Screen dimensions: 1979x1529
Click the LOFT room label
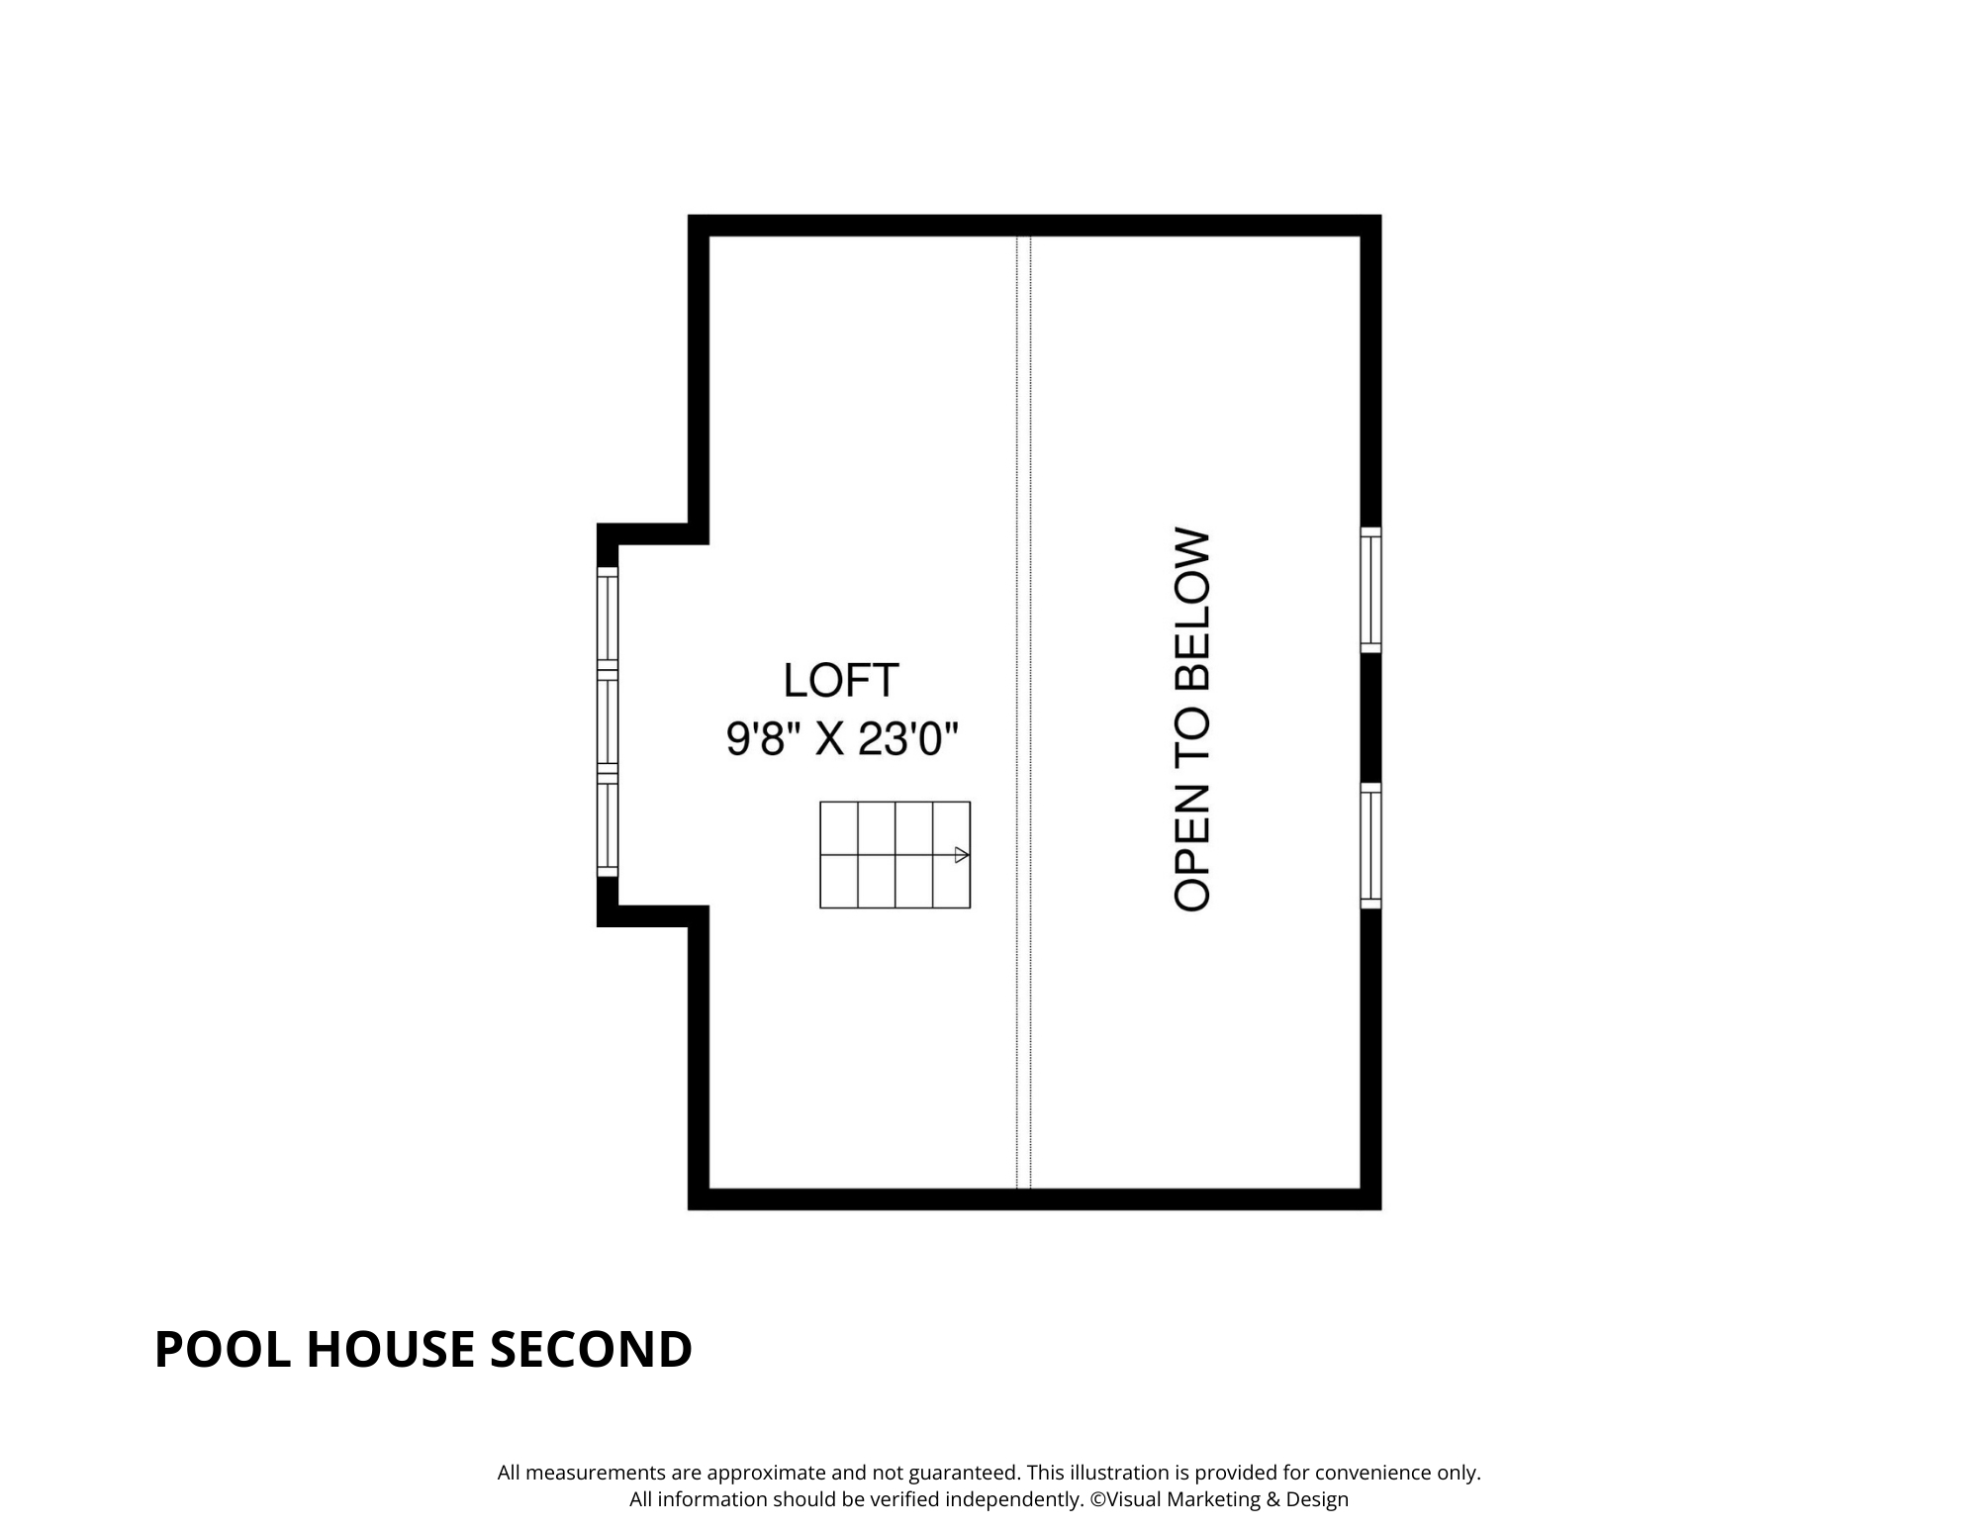click(x=841, y=680)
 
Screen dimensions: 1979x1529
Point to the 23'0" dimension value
click(x=908, y=738)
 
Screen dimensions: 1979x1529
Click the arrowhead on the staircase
click(x=961, y=855)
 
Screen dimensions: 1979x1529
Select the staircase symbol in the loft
click(x=895, y=855)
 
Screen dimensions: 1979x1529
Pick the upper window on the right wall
click(x=1370, y=590)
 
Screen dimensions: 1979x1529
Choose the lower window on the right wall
click(x=1370, y=845)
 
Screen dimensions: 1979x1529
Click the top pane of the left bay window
click(x=608, y=619)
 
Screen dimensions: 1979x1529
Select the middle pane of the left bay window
click(x=608, y=721)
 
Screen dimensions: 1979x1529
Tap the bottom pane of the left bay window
click(x=608, y=825)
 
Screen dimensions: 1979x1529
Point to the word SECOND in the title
click(x=591, y=1349)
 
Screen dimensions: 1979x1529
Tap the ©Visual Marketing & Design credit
click(x=1219, y=1499)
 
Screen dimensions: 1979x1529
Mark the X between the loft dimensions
click(x=829, y=739)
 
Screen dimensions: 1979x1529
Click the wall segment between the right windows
click(x=1370, y=717)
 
